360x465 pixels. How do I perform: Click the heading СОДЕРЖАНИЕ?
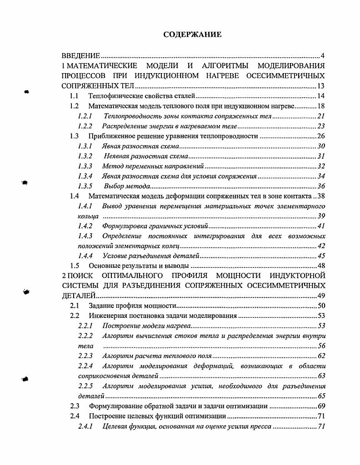[192, 35]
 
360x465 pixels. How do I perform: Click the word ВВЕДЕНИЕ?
[81, 56]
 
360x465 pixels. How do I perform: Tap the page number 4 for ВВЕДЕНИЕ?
[322, 56]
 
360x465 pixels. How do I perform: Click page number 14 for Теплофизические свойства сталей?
[321, 96]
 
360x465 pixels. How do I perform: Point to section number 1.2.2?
[85, 126]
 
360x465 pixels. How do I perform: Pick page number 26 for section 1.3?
[321, 136]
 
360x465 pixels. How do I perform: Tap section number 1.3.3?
[85, 166]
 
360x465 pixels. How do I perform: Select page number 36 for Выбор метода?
[321, 186]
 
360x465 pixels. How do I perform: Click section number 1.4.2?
[85, 226]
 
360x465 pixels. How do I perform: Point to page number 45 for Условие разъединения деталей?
[321, 256]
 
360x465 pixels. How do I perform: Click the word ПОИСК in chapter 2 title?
[84, 276]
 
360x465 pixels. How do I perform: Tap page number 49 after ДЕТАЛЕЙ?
[321, 296]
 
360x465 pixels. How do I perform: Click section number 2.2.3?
[85, 356]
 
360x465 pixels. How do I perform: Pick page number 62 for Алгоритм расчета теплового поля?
[321, 356]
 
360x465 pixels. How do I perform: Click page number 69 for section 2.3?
[321, 406]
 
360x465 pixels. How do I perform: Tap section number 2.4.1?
[85, 426]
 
